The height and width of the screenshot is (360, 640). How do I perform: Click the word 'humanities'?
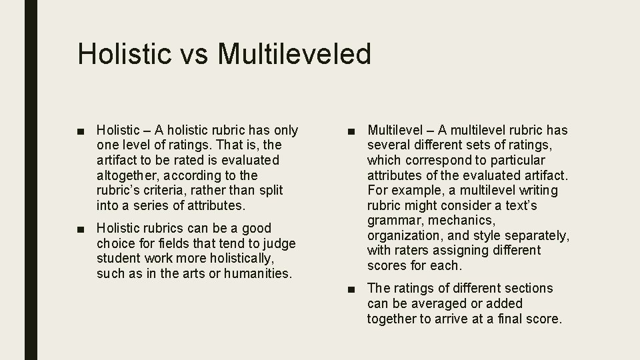tap(259, 273)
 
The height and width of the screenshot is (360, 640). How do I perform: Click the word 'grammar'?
tap(395, 220)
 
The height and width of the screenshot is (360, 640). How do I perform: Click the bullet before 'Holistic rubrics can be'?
tap(81, 228)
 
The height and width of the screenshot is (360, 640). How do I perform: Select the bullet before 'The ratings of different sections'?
tap(352, 289)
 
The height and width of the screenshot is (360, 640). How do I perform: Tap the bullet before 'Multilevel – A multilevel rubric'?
tap(352, 130)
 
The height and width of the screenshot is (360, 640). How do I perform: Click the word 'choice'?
tap(115, 243)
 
